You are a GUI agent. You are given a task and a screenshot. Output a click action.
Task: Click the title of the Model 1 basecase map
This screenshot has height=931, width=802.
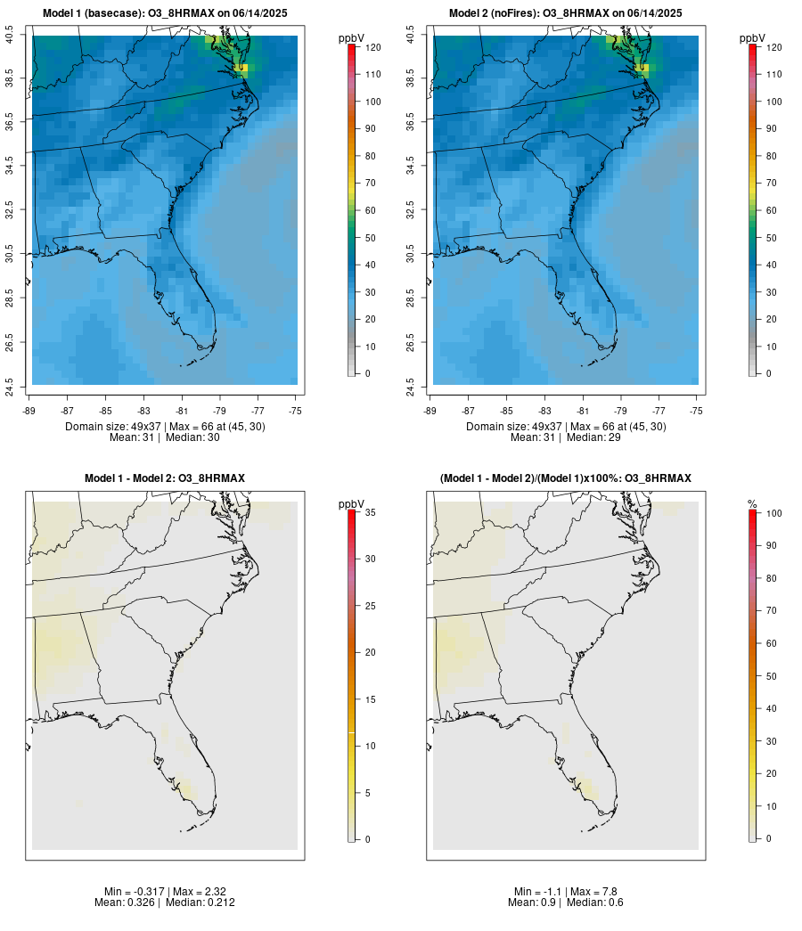165,13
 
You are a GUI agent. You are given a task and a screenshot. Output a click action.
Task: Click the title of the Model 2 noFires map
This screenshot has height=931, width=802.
566,13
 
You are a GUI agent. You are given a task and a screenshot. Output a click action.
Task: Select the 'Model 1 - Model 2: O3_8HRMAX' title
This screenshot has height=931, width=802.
165,478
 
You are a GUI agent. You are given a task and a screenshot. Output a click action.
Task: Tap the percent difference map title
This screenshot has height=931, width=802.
566,478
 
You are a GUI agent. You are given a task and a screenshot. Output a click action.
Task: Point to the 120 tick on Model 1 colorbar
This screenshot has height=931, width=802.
372,47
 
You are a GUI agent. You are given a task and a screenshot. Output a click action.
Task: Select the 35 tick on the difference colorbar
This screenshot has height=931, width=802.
372,512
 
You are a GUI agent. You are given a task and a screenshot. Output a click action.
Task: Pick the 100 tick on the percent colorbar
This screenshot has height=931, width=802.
773,513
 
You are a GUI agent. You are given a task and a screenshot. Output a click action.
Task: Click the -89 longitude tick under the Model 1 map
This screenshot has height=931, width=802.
32,411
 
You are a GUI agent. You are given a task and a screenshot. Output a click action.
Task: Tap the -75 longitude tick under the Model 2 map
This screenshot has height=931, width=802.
697,411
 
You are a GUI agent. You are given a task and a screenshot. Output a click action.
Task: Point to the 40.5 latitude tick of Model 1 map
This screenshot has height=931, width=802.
10,36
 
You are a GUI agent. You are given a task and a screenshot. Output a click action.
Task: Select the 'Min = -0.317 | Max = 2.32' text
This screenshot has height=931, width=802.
165,892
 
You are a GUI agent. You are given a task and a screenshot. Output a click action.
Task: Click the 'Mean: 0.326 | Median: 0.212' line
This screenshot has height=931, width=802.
165,902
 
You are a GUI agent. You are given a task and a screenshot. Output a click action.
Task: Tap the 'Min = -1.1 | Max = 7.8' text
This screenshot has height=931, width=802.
566,892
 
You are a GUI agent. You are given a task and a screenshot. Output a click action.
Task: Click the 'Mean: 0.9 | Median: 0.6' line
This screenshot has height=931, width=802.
566,902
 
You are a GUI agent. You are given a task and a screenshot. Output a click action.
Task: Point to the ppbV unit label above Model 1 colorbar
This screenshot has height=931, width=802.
352,38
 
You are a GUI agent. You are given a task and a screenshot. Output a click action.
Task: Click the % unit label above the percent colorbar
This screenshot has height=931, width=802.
752,504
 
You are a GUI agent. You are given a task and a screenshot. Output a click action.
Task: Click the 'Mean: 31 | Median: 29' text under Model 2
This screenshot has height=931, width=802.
566,437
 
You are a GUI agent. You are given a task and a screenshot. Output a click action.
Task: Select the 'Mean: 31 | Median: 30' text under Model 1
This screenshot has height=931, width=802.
165,437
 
